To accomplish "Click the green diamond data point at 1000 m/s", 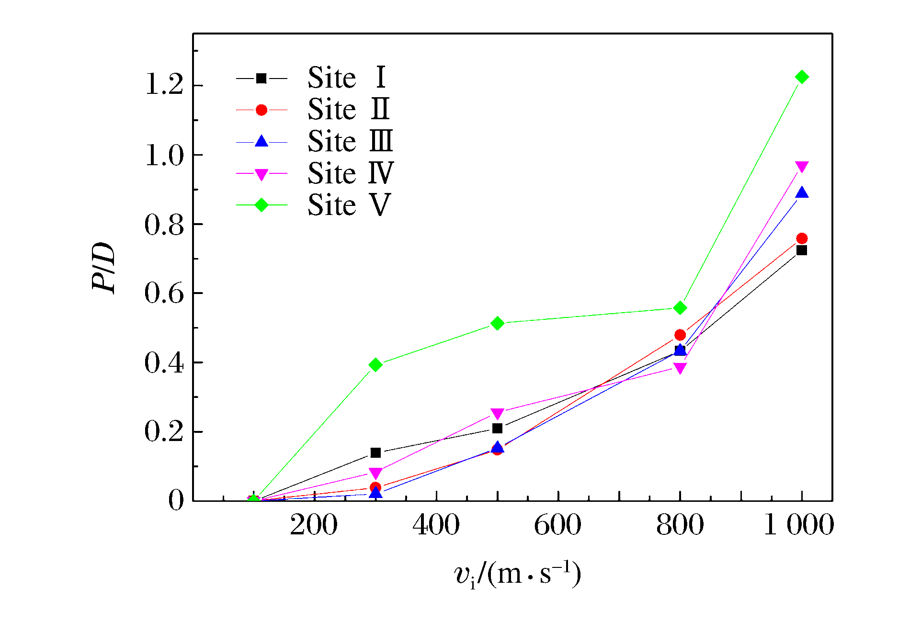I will tap(801, 77).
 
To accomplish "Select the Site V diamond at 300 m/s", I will tap(375, 365).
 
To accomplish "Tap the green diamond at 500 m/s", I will tap(497, 324).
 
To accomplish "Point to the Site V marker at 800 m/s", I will tap(680, 308).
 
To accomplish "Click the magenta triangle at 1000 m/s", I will tap(801, 167).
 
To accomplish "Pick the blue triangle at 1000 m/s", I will tap(801, 193).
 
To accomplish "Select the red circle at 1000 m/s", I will tap(801, 238).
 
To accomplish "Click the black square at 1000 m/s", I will tap(801, 250).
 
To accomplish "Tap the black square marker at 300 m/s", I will tap(375, 452).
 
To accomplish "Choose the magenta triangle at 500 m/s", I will tap(497, 413).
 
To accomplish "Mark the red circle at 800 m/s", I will tap(680, 335).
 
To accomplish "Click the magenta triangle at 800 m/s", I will tap(680, 368).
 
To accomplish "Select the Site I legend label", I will tap(347, 78).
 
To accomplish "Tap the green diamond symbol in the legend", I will tap(261, 205).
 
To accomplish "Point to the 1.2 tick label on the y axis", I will tap(164, 86).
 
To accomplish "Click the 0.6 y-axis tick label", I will tap(164, 293).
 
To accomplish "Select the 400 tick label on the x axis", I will tap(436, 525).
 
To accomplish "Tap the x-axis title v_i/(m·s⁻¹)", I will tap(517, 574).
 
